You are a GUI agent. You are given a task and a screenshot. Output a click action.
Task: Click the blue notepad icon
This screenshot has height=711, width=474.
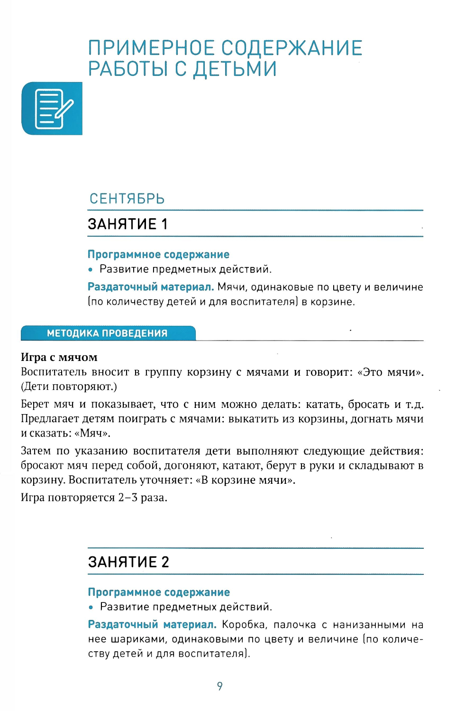tap(52, 109)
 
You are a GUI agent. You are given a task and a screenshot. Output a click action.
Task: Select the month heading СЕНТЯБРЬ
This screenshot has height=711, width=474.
tap(127, 199)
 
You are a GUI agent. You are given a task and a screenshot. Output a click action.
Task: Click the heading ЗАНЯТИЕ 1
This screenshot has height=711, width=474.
tap(128, 224)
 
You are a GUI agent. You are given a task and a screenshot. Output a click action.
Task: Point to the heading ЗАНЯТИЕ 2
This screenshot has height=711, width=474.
tap(128, 562)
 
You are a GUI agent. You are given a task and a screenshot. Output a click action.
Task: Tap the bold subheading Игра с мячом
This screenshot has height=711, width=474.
tap(59, 357)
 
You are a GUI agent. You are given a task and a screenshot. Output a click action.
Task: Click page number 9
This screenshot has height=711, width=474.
tap(219, 686)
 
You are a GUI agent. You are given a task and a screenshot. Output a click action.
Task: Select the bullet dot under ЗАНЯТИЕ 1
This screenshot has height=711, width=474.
tap(91, 270)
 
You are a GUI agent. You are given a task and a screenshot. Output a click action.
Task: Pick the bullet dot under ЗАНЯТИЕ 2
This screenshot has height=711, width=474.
tap(91, 608)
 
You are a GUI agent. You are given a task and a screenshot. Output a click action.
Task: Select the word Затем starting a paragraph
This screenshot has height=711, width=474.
tap(36, 451)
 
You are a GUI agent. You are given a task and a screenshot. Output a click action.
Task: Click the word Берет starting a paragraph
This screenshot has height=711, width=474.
tap(35, 404)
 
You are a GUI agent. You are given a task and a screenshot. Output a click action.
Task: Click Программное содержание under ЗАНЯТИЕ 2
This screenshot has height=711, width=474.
tap(159, 592)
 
